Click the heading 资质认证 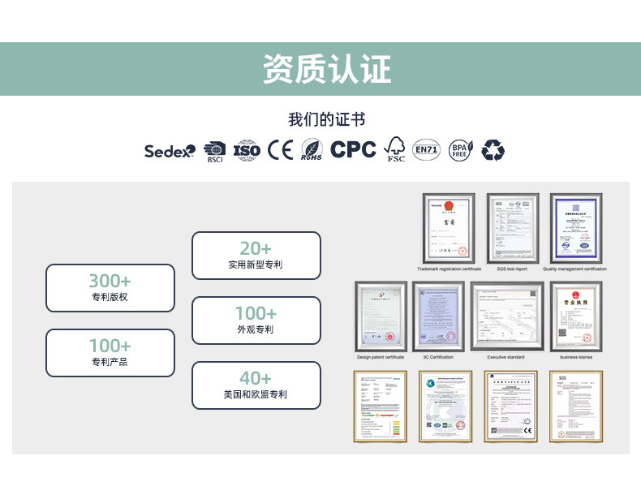click(x=327, y=69)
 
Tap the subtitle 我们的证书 click(x=326, y=120)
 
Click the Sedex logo click(x=170, y=150)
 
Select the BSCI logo click(x=214, y=150)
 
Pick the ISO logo click(x=247, y=150)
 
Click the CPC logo click(x=353, y=149)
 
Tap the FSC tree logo click(x=395, y=149)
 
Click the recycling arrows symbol click(x=493, y=149)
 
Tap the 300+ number click(x=110, y=281)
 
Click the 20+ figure click(x=256, y=248)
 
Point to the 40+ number click(x=256, y=378)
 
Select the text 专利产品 click(x=110, y=362)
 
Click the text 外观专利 click(x=256, y=329)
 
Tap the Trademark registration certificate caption click(x=450, y=269)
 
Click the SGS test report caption click(x=512, y=269)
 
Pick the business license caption click(x=576, y=357)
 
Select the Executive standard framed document click(x=507, y=316)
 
